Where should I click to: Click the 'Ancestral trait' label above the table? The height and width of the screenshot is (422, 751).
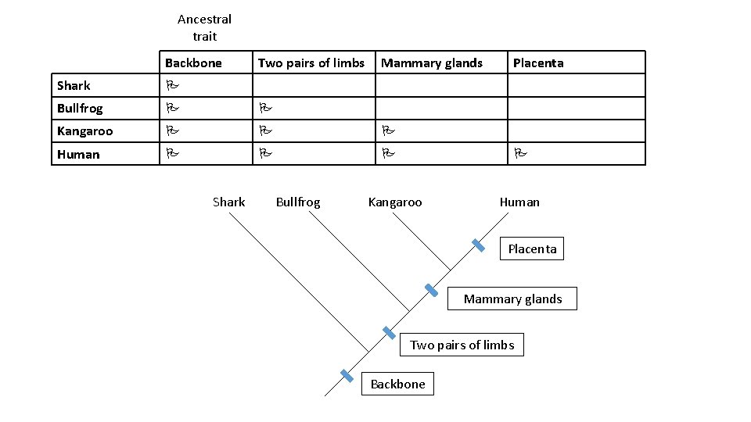coord(204,27)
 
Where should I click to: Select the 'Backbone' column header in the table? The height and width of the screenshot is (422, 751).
coord(193,63)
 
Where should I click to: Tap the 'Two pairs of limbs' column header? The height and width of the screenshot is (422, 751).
coord(311,63)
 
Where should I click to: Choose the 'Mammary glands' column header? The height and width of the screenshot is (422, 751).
coord(432,63)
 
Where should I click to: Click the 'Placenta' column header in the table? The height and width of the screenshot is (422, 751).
coord(538,63)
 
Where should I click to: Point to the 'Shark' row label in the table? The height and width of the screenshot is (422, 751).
coord(74,85)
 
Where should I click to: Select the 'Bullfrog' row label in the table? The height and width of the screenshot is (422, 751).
coord(80,108)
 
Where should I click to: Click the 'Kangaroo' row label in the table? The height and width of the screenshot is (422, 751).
coord(84,131)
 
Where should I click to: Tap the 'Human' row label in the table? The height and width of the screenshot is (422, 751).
coord(78,154)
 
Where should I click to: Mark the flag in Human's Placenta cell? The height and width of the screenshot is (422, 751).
coord(519,154)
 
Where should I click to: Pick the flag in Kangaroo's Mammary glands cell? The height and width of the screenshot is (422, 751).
coord(387,131)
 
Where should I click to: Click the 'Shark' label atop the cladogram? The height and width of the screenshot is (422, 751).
coord(228,202)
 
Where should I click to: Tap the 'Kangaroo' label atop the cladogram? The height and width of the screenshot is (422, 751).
coord(394,202)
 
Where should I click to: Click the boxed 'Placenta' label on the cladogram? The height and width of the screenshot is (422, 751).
coord(532,249)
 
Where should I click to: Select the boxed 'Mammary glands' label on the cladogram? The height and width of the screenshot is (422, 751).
coord(512,299)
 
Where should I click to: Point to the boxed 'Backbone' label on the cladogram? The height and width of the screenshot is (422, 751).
coord(397,384)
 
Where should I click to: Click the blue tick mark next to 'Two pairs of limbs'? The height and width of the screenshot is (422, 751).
coord(389,333)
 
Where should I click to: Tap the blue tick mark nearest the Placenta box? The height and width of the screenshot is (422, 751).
coord(479,245)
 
